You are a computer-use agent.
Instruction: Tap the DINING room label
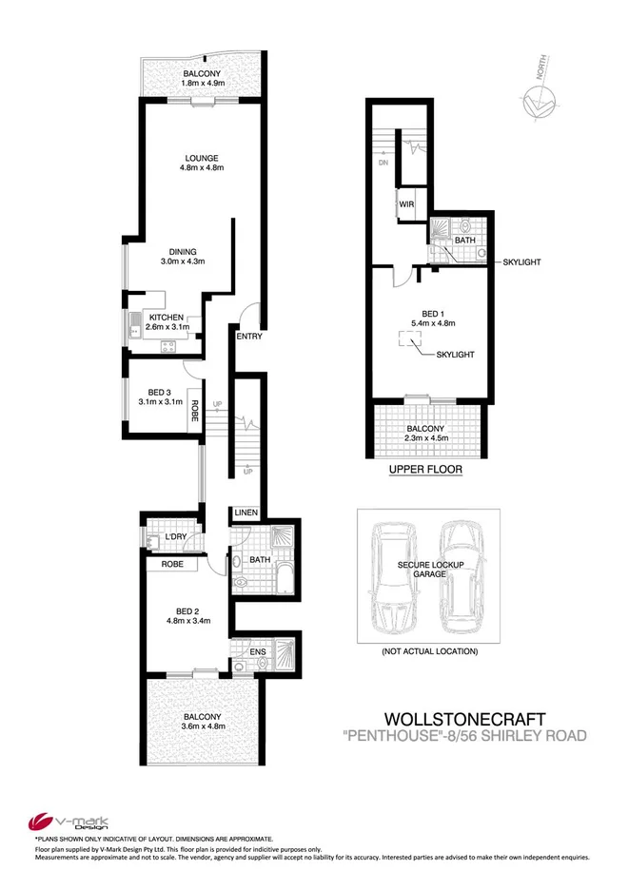[x=183, y=251]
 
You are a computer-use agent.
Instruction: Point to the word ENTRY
[x=248, y=338]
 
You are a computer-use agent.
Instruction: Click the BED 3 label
[x=160, y=391]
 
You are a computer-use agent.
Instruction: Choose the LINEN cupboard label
[x=246, y=513]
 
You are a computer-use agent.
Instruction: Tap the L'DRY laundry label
[x=174, y=538]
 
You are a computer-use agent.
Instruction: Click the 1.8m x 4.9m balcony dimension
[x=202, y=84]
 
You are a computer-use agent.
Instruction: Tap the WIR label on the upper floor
[x=404, y=204]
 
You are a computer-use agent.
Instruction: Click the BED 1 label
[x=433, y=314]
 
